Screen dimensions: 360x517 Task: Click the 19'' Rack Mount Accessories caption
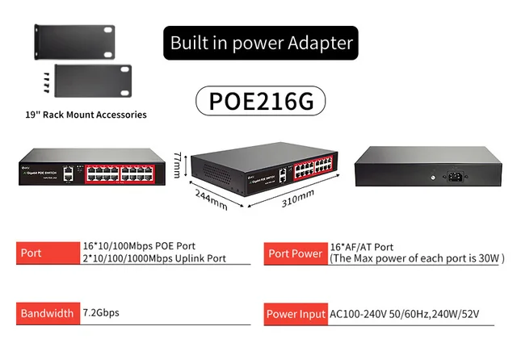tap(86, 115)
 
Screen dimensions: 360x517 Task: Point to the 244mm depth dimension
tap(210, 199)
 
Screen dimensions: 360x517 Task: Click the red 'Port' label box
tap(47, 253)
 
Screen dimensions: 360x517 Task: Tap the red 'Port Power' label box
tap(295, 253)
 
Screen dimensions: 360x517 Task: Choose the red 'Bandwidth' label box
tap(47, 313)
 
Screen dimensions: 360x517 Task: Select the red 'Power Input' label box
tap(295, 313)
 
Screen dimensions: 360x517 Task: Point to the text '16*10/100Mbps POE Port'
tap(139, 246)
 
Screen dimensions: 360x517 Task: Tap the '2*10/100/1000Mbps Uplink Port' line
tap(154, 259)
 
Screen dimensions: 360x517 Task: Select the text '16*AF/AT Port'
tap(361, 246)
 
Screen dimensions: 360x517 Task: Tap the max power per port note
tap(416, 259)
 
